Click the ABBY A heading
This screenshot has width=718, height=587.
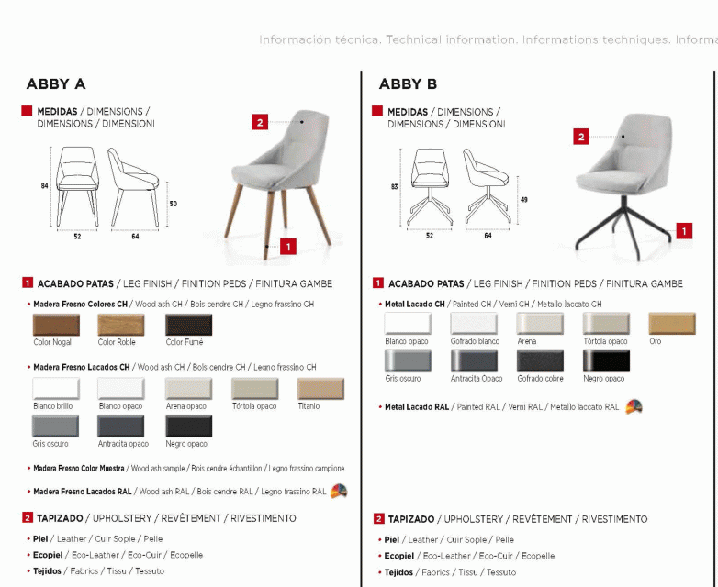click(56, 84)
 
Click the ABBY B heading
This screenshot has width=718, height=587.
click(408, 84)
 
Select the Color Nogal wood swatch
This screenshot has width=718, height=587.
click(56, 325)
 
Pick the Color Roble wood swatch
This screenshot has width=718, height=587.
click(122, 325)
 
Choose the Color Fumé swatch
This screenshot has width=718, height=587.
click(188, 325)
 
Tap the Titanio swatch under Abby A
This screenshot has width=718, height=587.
click(320, 389)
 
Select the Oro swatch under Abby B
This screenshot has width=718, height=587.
click(672, 324)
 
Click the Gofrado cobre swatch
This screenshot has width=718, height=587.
click(540, 361)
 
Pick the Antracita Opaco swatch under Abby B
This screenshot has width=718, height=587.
click(474, 361)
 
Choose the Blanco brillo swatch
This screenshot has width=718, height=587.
click(56, 389)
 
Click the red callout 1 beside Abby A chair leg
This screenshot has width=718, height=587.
click(288, 246)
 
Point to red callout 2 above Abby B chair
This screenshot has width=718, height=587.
click(581, 138)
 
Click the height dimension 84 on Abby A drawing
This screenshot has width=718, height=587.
click(44, 185)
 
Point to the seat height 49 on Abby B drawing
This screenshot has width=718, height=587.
click(523, 199)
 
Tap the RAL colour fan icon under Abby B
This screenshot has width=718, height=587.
click(634, 406)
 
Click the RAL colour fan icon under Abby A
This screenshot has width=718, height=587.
click(339, 491)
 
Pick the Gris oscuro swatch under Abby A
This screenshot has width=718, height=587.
click(56, 426)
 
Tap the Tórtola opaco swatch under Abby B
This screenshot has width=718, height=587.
click(606, 324)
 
